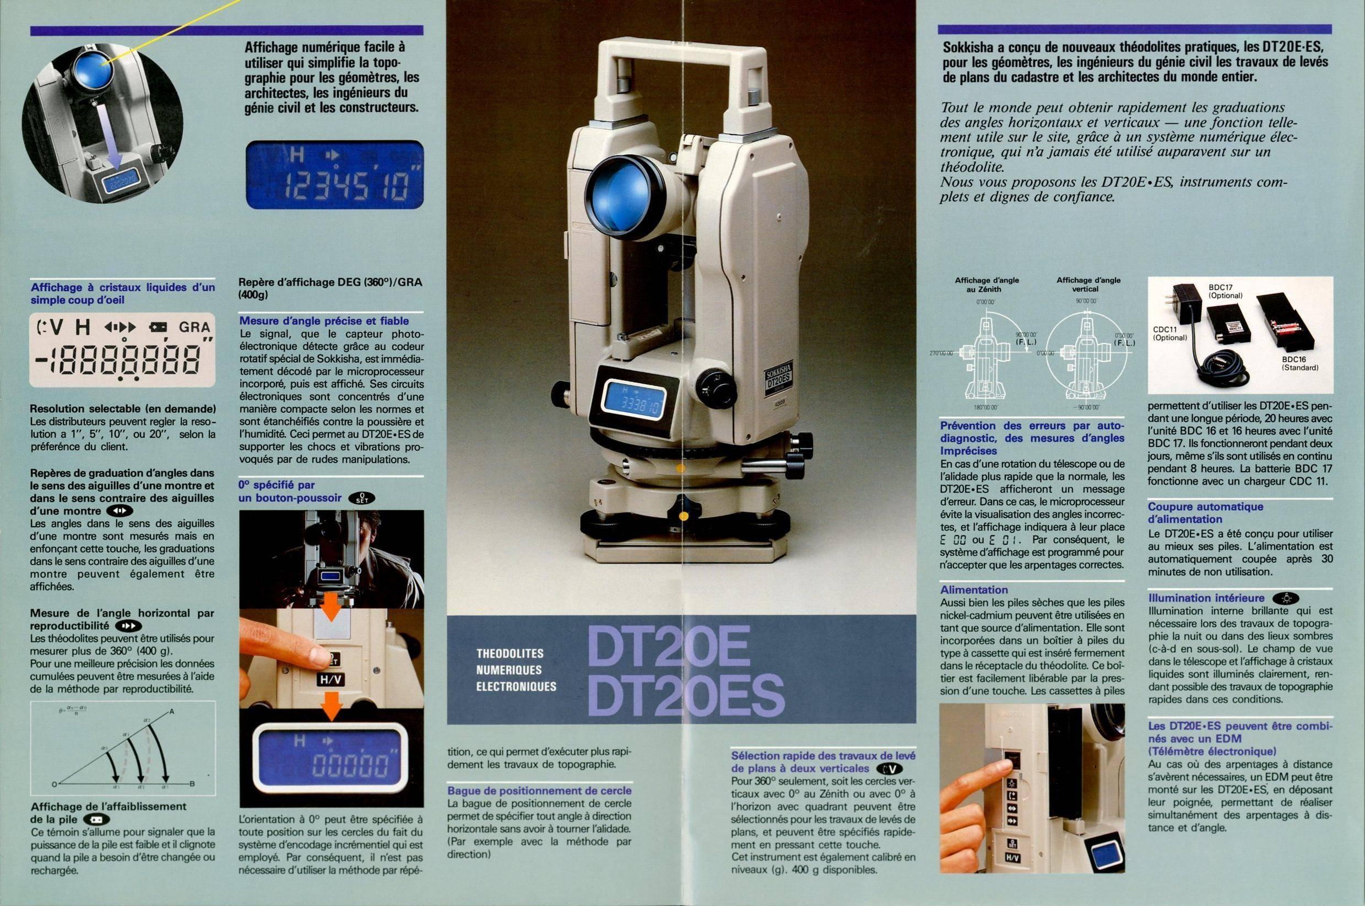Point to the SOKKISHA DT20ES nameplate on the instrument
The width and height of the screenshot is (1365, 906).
778,379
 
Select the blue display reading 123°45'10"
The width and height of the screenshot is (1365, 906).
335,174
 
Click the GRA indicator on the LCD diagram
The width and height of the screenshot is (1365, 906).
194,327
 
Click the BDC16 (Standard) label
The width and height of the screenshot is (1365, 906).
1300,363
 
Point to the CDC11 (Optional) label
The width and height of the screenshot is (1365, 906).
1171,334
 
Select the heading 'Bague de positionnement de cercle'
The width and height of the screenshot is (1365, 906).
539,790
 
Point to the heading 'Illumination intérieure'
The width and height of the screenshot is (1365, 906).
1206,598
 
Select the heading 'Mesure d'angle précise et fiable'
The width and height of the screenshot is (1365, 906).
324,321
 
